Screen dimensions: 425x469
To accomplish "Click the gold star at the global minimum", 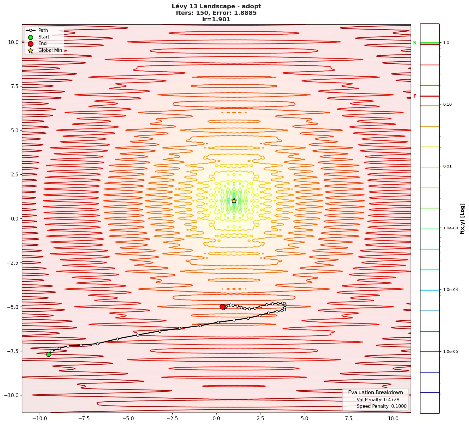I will (234, 201).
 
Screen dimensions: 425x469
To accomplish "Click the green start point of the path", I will (49, 354).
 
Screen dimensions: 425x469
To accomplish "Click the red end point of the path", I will (222, 307).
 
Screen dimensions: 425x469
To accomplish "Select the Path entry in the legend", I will (43, 30).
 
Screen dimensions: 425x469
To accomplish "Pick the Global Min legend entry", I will (50, 50).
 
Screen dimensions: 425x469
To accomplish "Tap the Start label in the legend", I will (44, 37).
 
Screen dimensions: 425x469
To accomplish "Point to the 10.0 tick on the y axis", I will (13, 42).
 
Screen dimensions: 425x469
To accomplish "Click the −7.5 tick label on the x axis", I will (83, 418).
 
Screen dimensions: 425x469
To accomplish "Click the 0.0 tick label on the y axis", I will (15, 219).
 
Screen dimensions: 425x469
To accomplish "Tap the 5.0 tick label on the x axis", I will (304, 418).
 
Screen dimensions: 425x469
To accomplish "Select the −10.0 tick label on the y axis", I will (12, 395).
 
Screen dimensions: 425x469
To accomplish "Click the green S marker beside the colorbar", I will (415, 43).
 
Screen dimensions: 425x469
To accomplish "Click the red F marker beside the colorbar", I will (415, 96).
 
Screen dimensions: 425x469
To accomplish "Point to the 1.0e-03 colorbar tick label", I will (450, 228).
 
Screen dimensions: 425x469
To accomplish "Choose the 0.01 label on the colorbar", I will (447, 166).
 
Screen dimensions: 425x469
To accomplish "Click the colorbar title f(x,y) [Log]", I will (462, 219).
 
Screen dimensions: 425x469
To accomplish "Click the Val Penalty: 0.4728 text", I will (378, 400).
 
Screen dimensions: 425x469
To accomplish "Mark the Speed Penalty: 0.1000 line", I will (381, 406).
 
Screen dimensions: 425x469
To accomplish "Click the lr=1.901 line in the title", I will (216, 20).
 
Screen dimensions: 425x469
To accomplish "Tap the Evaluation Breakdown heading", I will (375, 392).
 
